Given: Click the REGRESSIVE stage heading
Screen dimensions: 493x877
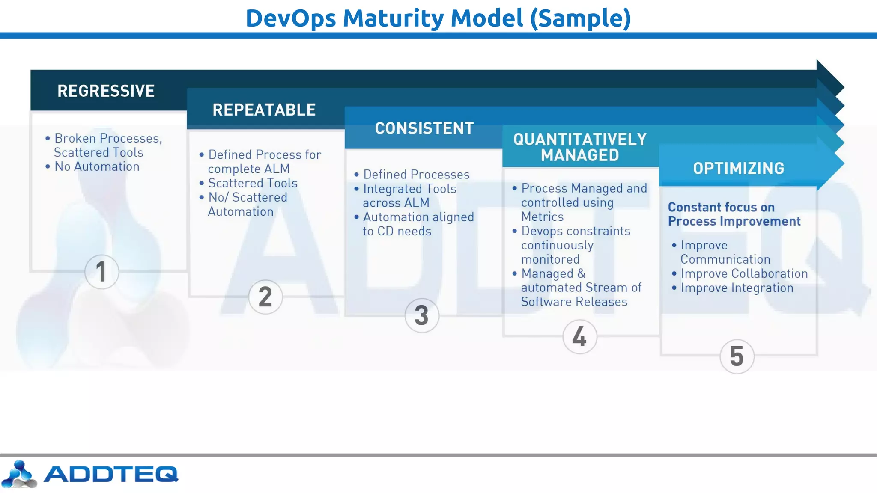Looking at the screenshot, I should click(106, 91).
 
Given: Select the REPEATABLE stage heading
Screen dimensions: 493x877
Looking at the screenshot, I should click(264, 110).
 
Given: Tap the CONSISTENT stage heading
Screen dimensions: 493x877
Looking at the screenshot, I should click(424, 128).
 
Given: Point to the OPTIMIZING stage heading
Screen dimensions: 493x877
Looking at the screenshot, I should click(738, 169).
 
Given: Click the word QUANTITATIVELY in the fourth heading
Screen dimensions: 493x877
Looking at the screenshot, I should click(580, 140).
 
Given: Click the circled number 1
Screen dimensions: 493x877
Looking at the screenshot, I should click(101, 272).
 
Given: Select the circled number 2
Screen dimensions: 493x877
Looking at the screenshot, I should click(265, 297).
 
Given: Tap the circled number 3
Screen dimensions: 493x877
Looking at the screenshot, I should click(422, 316).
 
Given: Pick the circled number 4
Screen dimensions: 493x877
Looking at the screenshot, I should click(579, 337).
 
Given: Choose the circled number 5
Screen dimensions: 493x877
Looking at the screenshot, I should click(737, 356).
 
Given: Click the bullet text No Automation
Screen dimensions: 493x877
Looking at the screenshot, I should click(97, 166).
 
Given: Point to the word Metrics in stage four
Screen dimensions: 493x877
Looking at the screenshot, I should click(542, 217).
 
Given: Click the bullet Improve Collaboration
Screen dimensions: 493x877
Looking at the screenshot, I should click(744, 273).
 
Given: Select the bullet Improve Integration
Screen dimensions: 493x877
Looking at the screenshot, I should click(737, 288).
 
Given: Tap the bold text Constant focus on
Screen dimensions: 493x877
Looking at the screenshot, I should click(721, 207).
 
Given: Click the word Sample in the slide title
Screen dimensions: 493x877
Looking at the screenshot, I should click(580, 18).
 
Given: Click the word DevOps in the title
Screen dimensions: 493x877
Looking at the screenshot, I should click(291, 18).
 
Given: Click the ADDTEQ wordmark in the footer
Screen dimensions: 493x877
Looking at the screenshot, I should click(110, 474).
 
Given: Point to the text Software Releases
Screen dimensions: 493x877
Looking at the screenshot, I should click(574, 302).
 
